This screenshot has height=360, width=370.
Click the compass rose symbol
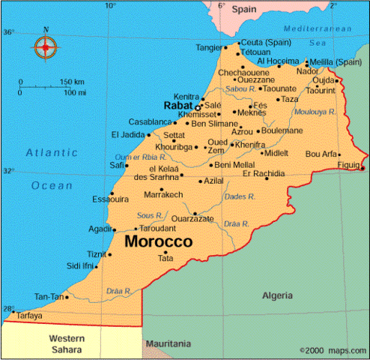coord(46,47)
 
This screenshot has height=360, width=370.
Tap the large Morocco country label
coord(157,241)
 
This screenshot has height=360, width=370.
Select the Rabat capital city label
coord(178,106)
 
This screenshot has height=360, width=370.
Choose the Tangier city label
coord(209,47)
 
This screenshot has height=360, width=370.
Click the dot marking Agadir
coord(114,229)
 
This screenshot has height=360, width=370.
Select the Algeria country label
coord(277,295)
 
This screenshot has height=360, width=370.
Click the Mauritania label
coord(169,344)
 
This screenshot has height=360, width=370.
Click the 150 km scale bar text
coord(72,81)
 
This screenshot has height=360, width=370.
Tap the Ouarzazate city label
coord(192,219)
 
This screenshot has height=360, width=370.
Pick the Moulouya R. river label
coord(315,112)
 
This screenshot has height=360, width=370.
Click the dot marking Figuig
coord(362,168)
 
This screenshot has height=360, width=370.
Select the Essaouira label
coord(110,200)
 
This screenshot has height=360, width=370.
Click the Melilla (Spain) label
coord(336,62)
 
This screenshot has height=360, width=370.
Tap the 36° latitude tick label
coord(8,32)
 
